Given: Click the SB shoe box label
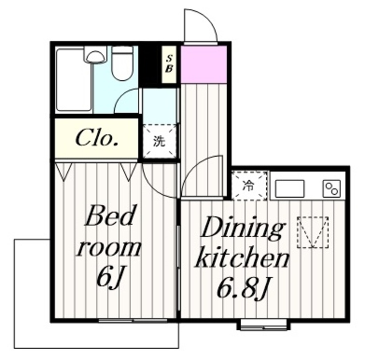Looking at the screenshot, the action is coord(169,64).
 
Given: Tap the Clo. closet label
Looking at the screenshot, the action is coord(96,138).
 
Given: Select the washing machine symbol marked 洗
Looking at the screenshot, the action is coord(160,141).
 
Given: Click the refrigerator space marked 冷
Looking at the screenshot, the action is coord(249,186).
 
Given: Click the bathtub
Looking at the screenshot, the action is coord(74,79).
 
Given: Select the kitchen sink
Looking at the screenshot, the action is coord(290,189).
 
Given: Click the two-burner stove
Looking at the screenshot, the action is coord(332,189).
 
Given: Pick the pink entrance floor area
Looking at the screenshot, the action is coord(204,64).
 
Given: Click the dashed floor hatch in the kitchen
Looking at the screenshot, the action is coord(313,232).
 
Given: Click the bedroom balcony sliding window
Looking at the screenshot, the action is coord(133,321).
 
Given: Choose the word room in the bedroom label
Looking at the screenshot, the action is coord(109,249).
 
